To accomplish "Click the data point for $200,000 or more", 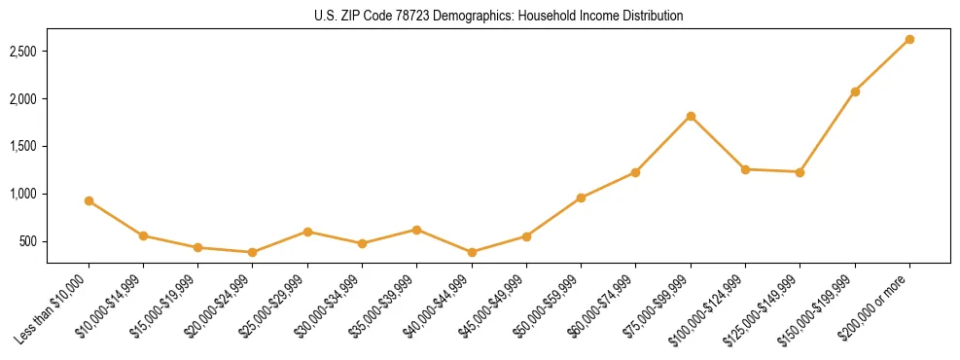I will coord(909,39).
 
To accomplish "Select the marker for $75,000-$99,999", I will coord(691,116).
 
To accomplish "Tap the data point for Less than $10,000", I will coord(89,200).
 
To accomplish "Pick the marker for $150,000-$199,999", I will coord(855,91).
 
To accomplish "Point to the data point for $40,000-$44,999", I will coord(472,252).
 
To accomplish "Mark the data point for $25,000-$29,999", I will coord(307,232).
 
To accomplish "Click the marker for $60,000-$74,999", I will coord(635,172).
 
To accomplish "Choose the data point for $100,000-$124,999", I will coord(745,169).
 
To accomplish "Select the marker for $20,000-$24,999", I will coord(253,252).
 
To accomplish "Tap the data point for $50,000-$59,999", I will coord(581,198).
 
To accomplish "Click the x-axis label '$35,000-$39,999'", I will coord(382,306).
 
